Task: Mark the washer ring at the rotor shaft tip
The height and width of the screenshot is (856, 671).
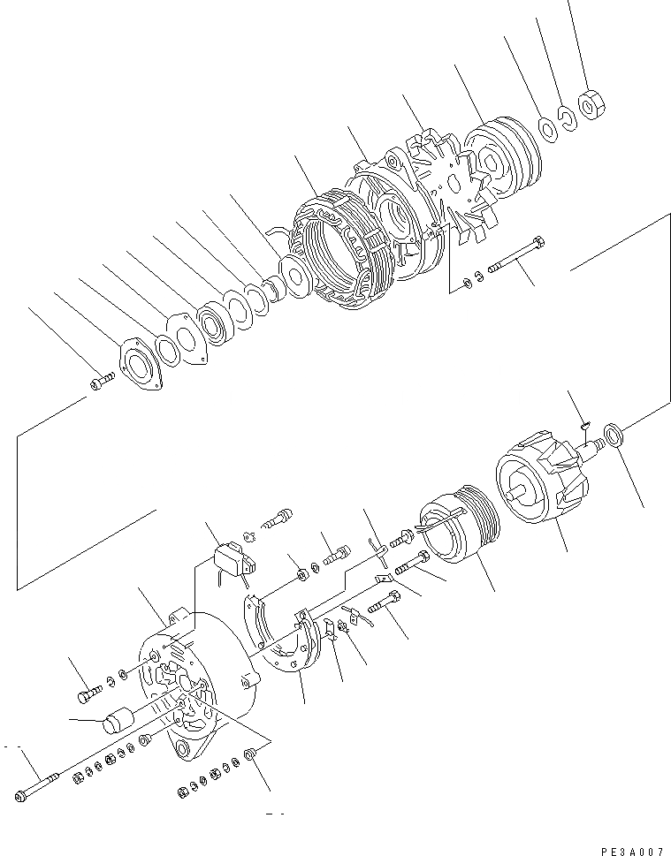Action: coord(613,434)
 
